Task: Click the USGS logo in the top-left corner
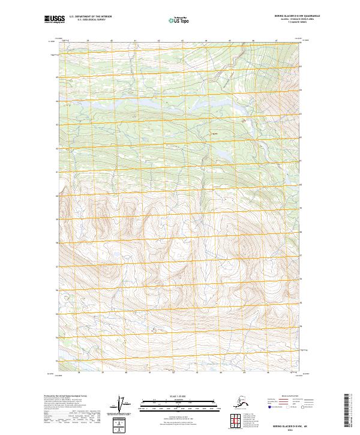pyautogui.click(x=54, y=19)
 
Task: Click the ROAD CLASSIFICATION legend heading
pyautogui.click(x=290, y=397)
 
